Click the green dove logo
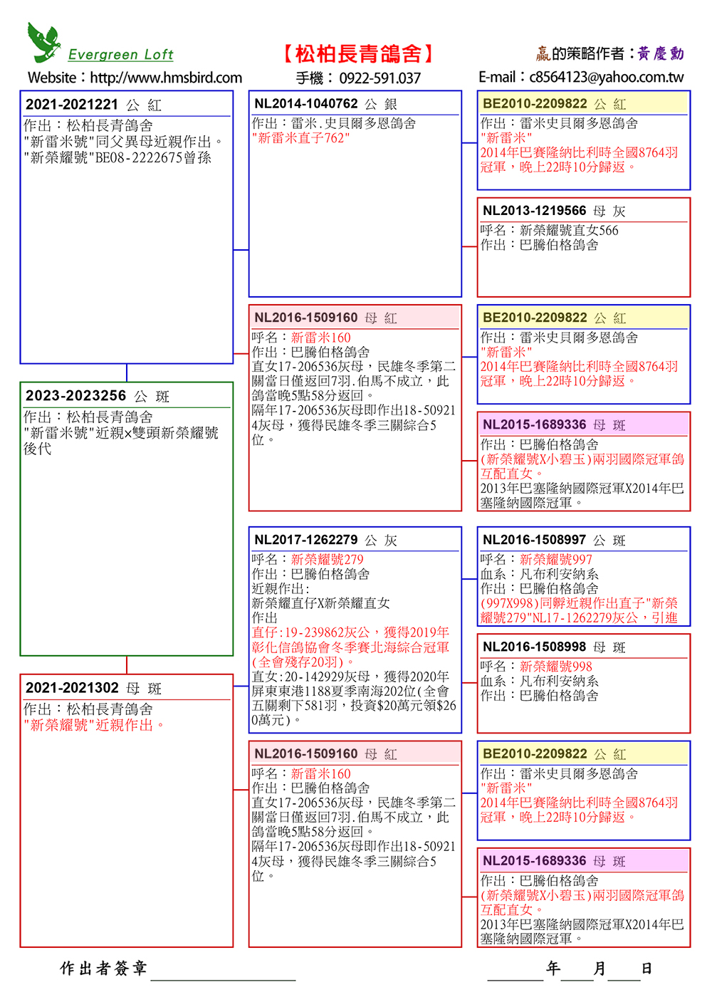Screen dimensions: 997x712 point(43,42)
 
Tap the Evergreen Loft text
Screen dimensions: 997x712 point(120,55)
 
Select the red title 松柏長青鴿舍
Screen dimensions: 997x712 point(359,54)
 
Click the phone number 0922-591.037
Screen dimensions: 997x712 point(379,78)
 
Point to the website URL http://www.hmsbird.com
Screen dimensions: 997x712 point(166,78)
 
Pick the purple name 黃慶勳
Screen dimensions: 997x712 point(660,54)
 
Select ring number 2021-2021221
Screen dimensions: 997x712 point(72,105)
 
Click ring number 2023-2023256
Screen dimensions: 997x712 point(75,396)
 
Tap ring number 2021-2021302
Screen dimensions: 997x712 point(72,688)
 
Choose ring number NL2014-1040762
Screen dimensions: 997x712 point(306,104)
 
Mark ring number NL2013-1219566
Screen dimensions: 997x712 point(534,211)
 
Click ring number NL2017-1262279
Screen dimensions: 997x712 point(306,540)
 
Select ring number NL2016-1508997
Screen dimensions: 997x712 point(534,540)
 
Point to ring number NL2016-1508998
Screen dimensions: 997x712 point(534,647)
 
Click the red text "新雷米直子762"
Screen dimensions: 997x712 point(300,138)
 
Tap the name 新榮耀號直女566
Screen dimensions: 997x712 point(569,230)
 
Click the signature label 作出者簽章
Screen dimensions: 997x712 point(103,969)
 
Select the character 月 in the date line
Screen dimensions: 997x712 point(600,969)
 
